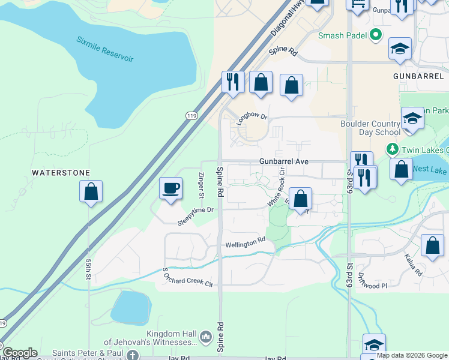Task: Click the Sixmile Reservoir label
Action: (x=104, y=49)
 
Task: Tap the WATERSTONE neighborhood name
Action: (x=61, y=173)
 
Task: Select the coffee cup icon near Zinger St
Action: (x=170, y=188)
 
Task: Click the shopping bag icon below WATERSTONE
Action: (x=91, y=192)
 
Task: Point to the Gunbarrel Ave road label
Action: (x=283, y=161)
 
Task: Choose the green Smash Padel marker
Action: (x=376, y=35)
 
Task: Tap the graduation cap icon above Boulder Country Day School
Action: (x=412, y=119)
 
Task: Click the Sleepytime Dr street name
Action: (x=195, y=217)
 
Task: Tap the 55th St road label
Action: (x=88, y=269)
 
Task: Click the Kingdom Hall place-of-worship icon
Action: (x=205, y=337)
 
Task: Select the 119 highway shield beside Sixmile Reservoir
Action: (x=190, y=118)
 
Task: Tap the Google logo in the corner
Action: (x=19, y=353)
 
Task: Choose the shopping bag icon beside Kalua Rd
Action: (x=432, y=246)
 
